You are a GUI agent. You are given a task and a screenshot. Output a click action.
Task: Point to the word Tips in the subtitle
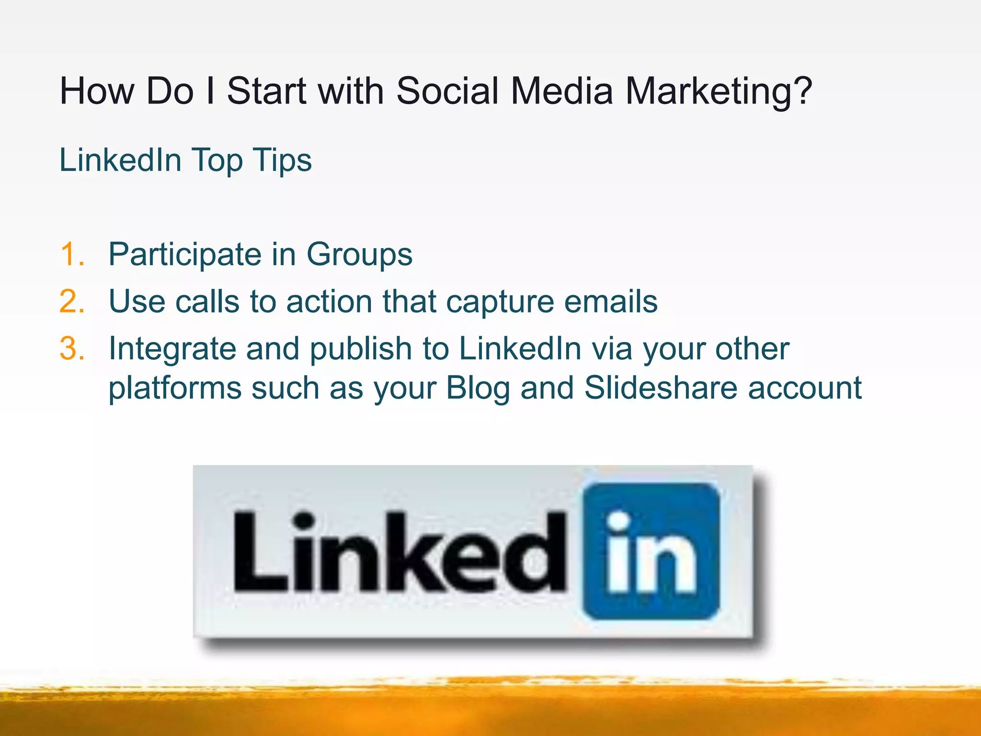coord(283,161)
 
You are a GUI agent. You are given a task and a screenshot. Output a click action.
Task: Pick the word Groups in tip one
coord(359,255)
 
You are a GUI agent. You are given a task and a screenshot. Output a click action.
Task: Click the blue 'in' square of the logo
coord(651,551)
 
